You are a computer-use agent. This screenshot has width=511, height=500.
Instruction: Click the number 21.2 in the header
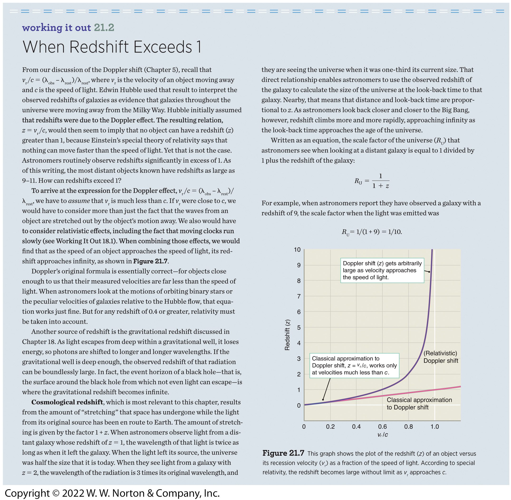(x=104, y=28)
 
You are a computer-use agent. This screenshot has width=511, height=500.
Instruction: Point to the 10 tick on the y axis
(x=297, y=250)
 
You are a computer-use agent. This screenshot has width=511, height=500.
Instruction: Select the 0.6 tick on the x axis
(x=382, y=427)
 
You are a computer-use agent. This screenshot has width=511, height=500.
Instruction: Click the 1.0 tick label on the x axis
(x=434, y=427)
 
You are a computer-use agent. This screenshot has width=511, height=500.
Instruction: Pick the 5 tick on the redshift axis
(x=299, y=327)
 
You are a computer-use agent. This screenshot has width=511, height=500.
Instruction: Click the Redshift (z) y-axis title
(x=287, y=335)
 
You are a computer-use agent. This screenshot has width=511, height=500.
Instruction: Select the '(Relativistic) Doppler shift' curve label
(x=440, y=357)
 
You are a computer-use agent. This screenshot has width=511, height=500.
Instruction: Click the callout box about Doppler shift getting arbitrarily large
(x=382, y=270)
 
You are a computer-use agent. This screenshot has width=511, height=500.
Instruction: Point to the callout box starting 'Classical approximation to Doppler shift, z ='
(x=354, y=365)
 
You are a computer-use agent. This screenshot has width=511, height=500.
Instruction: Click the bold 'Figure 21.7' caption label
(x=283, y=453)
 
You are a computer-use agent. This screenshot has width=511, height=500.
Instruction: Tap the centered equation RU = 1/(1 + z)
(x=371, y=181)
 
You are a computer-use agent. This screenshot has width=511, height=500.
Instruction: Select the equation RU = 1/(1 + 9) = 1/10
(x=371, y=232)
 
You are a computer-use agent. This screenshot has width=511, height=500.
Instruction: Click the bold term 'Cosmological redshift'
(x=67, y=402)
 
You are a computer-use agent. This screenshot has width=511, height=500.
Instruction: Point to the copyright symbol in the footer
(x=56, y=493)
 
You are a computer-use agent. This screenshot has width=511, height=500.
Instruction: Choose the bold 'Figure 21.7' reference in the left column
(x=150, y=261)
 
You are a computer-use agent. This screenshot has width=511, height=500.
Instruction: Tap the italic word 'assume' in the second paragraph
(x=79, y=201)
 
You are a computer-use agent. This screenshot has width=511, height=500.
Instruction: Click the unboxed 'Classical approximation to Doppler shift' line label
(x=419, y=404)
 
